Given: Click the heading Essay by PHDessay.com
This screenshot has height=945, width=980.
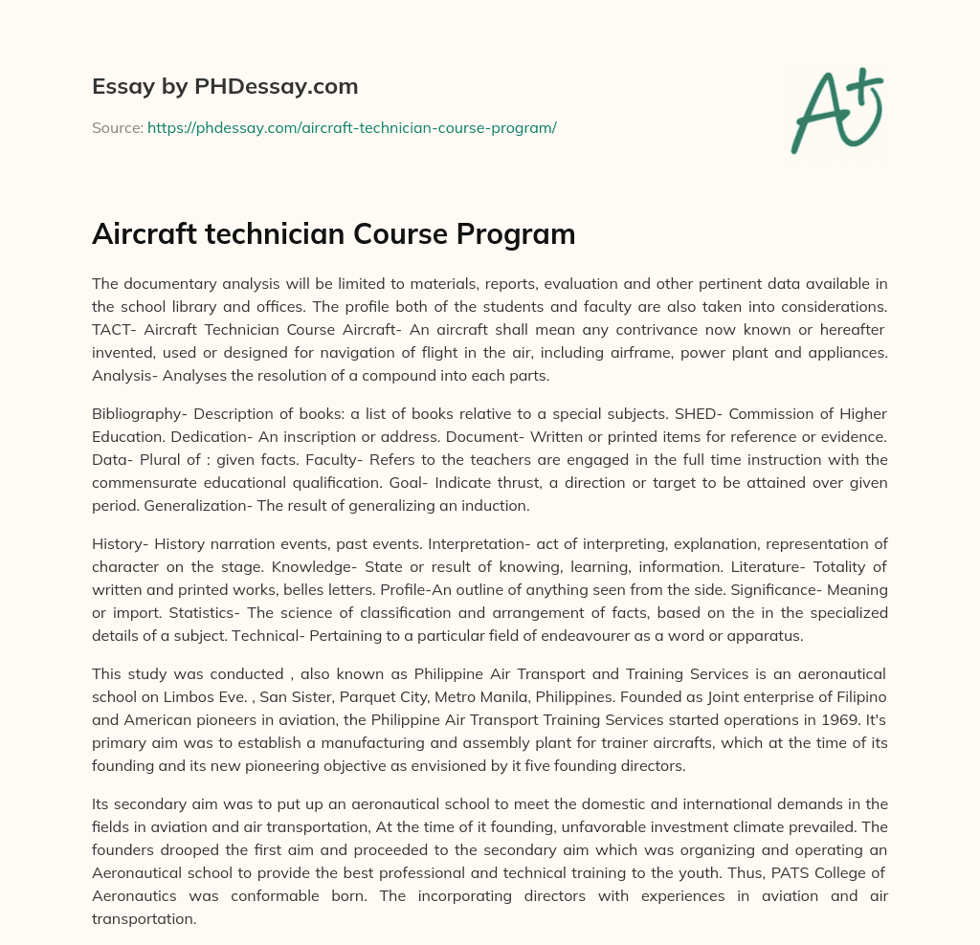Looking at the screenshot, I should coord(225,87).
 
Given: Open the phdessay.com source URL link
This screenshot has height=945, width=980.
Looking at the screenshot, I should coord(351,127).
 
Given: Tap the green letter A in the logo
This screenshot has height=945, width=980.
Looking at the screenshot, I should coord(817,114).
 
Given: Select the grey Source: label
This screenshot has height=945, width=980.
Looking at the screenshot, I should coord(117,127).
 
